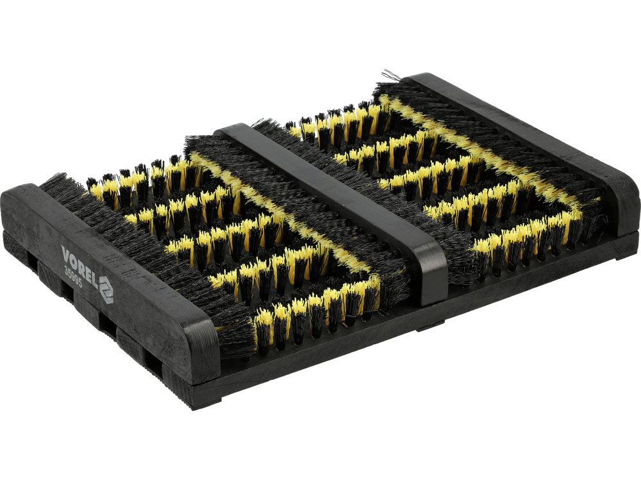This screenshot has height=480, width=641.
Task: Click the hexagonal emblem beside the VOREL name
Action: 106,289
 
